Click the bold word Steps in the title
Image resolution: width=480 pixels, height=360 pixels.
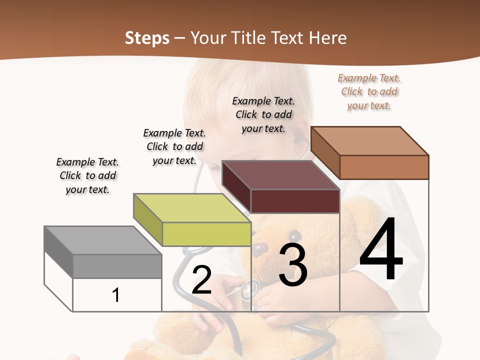[147, 38]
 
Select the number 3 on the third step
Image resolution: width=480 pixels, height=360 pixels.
[293, 266]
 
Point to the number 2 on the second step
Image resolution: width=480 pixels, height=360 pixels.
[202, 279]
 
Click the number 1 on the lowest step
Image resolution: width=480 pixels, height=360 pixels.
[116, 295]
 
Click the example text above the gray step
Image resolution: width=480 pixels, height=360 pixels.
[88, 175]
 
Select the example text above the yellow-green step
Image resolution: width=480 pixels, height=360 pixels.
[174, 146]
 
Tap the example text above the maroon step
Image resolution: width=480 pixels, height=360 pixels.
[263, 114]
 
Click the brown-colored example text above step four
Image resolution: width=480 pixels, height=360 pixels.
[369, 91]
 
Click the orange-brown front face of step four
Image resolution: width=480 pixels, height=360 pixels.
[384, 167]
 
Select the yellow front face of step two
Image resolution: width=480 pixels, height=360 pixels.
[206, 234]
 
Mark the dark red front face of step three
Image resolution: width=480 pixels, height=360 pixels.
[295, 201]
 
